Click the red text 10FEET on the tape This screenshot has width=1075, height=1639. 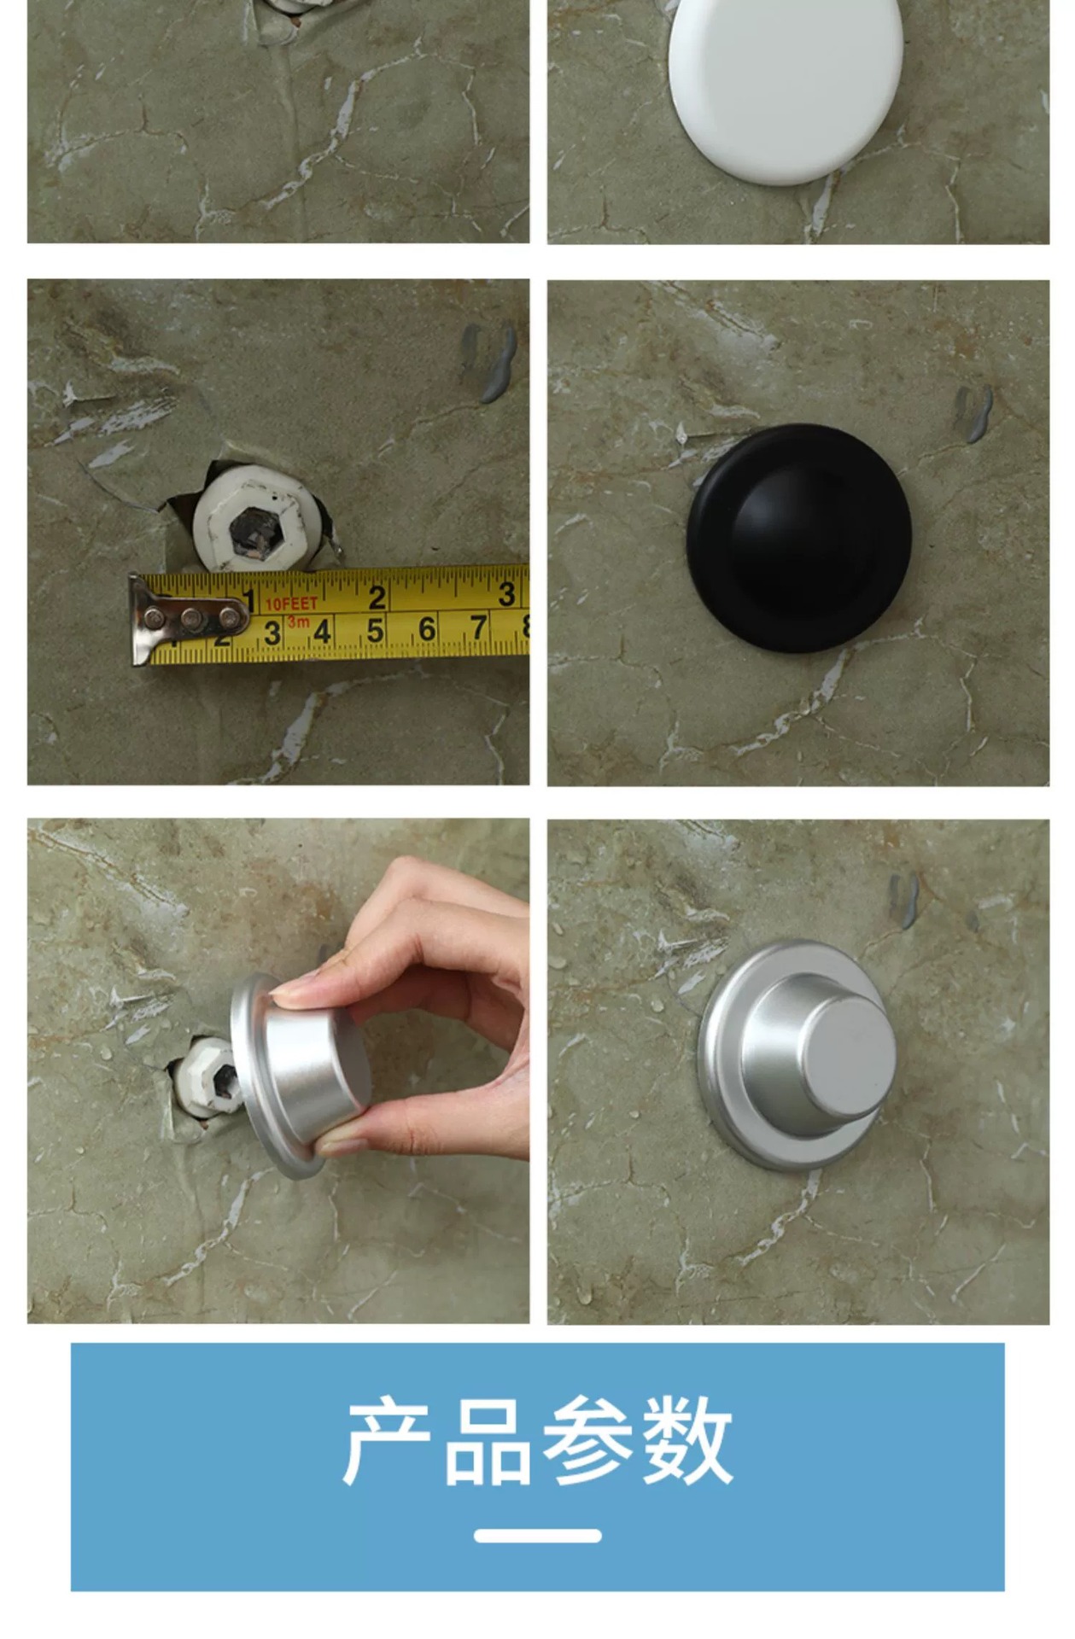point(291,603)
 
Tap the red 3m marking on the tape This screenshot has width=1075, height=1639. point(298,621)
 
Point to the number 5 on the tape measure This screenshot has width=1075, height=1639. point(375,630)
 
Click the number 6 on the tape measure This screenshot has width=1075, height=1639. point(427,629)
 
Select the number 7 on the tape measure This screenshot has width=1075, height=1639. point(478,627)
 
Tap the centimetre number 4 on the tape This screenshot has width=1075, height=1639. point(323,632)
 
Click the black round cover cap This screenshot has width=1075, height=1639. point(799,538)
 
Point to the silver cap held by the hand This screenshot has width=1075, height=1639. point(299,1074)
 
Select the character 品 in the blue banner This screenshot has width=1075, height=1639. point(488,1442)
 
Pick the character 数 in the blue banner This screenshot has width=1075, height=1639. point(687,1442)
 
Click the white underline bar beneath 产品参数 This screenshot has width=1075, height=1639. point(538,1536)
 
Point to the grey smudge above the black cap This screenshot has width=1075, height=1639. point(973,413)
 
